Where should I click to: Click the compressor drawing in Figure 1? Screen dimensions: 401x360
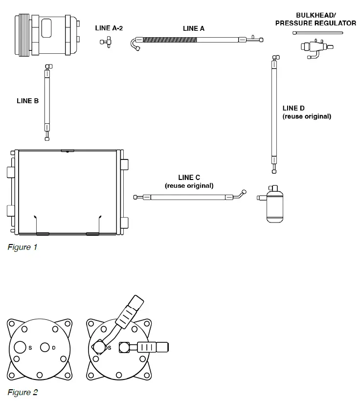coord(48,36)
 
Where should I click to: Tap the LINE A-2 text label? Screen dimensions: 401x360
coord(109,28)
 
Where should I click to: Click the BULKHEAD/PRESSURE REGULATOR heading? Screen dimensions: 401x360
coord(315,20)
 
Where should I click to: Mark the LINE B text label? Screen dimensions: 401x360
coord(27,101)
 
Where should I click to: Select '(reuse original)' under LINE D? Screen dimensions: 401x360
coord(307,117)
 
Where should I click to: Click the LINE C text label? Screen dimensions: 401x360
coord(189,178)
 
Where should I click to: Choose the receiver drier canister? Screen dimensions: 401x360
coord(274,204)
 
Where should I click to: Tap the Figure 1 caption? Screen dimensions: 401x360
coord(22,247)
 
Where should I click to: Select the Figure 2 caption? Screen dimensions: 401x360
coord(22,392)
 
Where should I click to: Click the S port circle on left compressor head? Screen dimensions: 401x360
coord(20,347)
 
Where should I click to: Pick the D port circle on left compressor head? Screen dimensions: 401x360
coord(45,347)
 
